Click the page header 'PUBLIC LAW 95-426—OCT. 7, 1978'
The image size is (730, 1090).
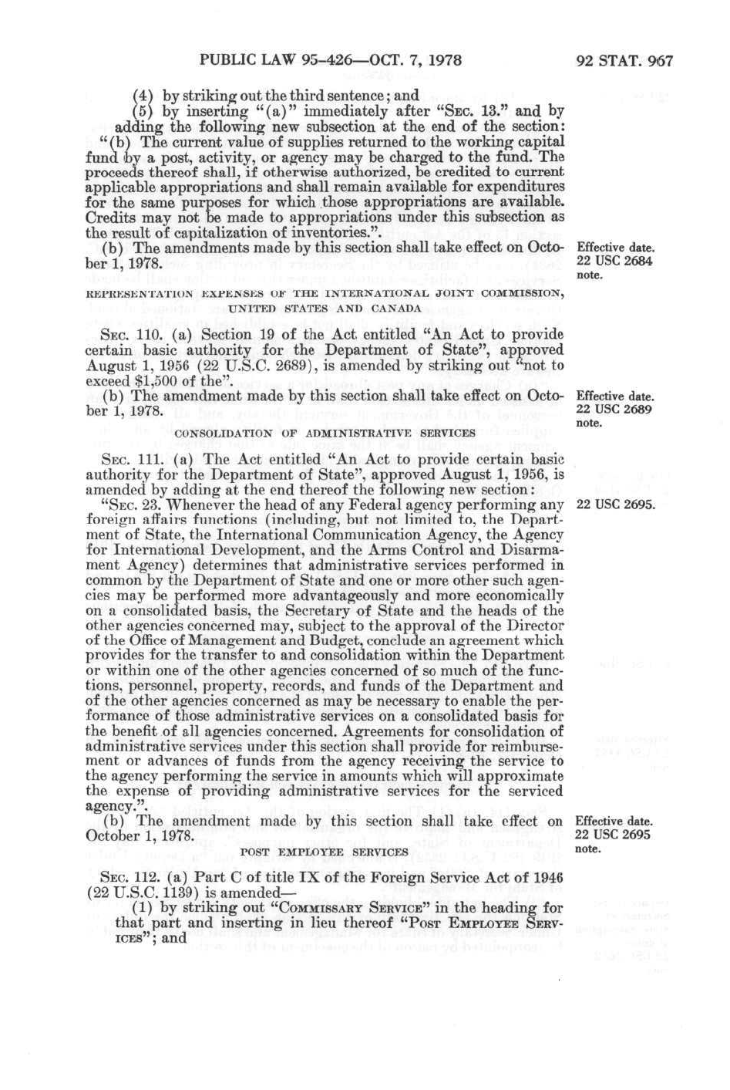[x=331, y=60]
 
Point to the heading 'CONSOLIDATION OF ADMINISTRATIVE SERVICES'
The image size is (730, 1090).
[x=325, y=433]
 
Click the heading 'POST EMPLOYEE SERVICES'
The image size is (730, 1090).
[x=325, y=852]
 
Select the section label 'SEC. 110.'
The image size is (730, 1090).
[x=128, y=334]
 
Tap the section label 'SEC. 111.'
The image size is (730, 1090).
[x=128, y=459]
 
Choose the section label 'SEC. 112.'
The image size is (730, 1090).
[x=128, y=878]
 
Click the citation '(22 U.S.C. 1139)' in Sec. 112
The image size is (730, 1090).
[x=140, y=893]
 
